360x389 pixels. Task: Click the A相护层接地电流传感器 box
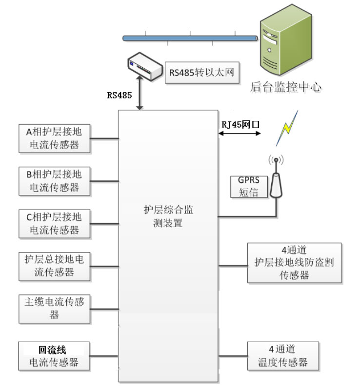click(54, 138)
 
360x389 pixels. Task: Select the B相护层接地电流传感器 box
click(54, 181)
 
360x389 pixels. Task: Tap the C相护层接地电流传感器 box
click(54, 223)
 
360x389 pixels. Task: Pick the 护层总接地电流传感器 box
click(54, 266)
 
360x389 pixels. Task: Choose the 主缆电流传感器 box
click(54, 309)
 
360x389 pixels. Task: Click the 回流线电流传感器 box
click(54, 356)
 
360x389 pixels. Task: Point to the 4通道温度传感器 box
click(282, 356)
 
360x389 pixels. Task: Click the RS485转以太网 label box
click(202, 73)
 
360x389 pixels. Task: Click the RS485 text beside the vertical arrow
click(120, 96)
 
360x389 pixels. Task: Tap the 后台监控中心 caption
click(286, 87)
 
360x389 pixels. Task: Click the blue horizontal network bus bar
click(190, 37)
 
